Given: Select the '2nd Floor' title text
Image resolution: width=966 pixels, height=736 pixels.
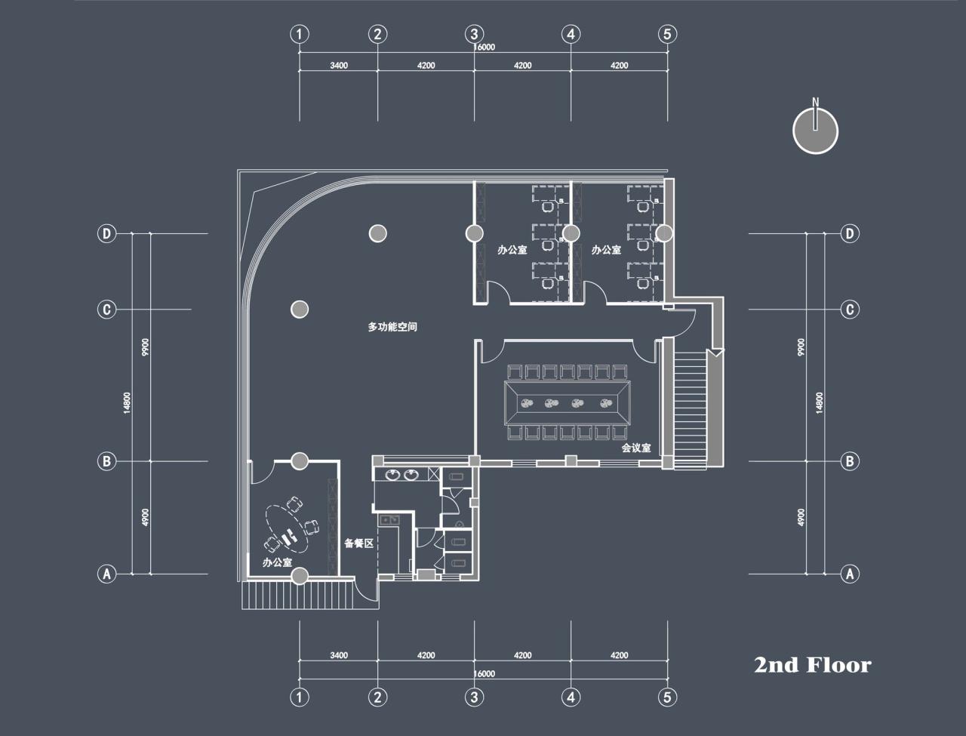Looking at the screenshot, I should pyautogui.click(x=812, y=665).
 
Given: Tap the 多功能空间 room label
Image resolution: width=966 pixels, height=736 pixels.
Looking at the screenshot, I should pyautogui.click(x=392, y=328).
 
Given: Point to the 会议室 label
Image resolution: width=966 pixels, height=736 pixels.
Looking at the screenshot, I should pyautogui.click(x=636, y=448).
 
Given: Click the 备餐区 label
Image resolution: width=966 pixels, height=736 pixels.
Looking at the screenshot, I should pyautogui.click(x=358, y=543).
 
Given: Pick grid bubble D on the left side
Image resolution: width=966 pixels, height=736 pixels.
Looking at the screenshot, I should pyautogui.click(x=106, y=234).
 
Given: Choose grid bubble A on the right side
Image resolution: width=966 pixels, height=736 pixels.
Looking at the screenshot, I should pyautogui.click(x=850, y=574).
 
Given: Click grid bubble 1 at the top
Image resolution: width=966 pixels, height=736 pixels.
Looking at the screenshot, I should pyautogui.click(x=300, y=34).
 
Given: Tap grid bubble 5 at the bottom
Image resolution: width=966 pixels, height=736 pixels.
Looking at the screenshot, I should pyautogui.click(x=667, y=697).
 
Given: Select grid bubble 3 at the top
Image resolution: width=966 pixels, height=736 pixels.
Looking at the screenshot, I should pyautogui.click(x=474, y=34).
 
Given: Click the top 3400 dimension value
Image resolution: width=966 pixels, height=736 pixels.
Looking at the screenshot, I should pyautogui.click(x=339, y=66).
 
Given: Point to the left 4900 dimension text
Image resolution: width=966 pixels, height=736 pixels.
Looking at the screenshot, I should pyautogui.click(x=146, y=518).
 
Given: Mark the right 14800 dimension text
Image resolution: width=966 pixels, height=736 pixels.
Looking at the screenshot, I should pyautogui.click(x=819, y=402).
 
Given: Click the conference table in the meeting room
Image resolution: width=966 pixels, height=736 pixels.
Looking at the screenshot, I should pyautogui.click(x=567, y=402).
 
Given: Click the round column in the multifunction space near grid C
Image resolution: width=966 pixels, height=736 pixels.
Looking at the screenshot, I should pyautogui.click(x=300, y=309).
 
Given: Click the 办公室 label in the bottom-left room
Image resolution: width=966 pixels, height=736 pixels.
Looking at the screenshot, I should pyautogui.click(x=277, y=562).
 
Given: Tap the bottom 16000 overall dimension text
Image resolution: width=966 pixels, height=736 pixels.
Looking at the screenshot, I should pyautogui.click(x=484, y=674).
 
